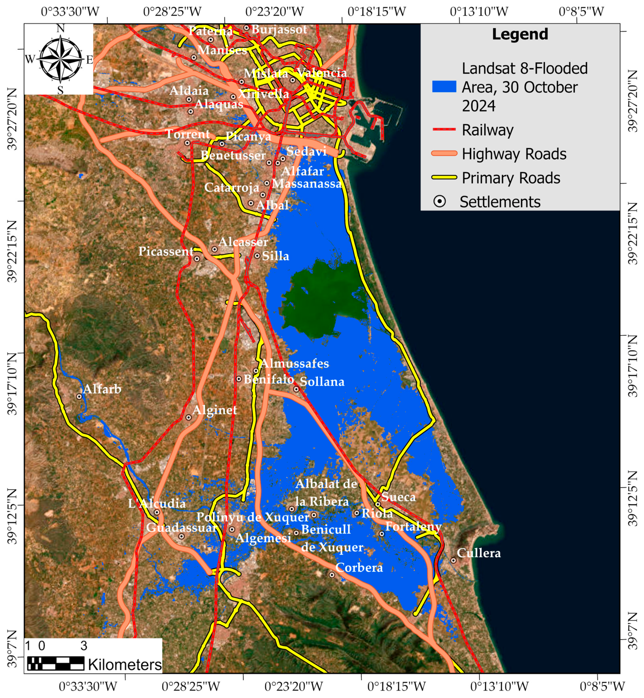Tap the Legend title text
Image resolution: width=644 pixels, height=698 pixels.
click(520, 34)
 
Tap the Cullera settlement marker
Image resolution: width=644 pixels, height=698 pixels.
click(453, 560)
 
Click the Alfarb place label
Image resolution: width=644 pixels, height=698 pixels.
click(102, 389)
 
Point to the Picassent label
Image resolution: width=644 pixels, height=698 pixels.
click(166, 251)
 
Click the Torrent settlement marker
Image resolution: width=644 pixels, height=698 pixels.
click(187, 143)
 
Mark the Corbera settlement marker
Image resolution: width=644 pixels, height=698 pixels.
click(332, 575)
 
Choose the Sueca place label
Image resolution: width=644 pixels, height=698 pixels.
click(398, 497)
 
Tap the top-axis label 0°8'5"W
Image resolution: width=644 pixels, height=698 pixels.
click(581, 12)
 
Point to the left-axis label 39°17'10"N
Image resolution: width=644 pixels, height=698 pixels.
click(12, 383)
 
